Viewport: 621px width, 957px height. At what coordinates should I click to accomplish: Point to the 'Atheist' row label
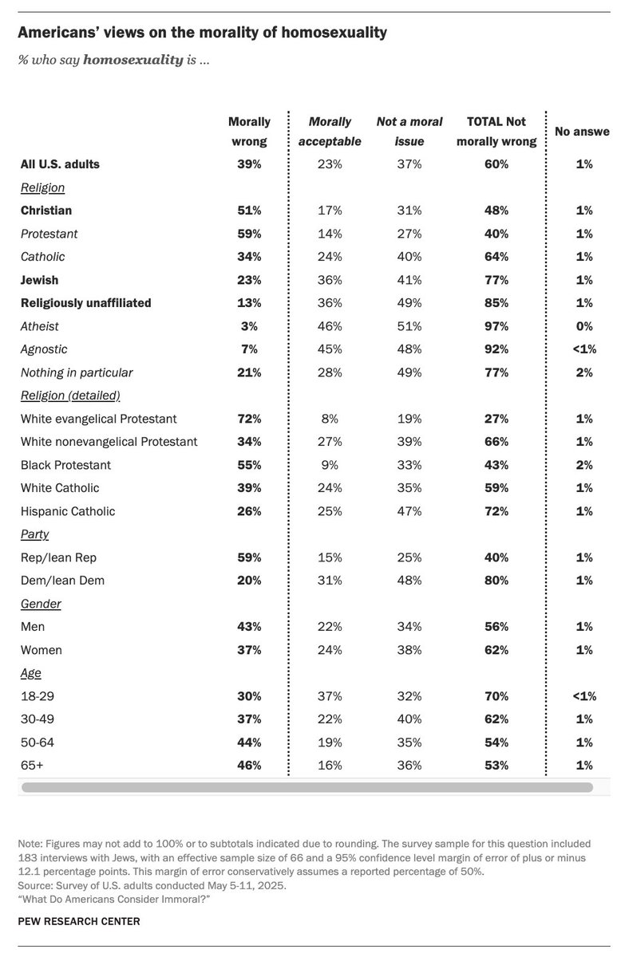pyautogui.click(x=40, y=325)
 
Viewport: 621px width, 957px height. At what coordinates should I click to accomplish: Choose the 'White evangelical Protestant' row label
pyautogui.click(x=99, y=419)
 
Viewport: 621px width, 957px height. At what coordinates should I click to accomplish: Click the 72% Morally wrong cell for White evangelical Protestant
pyautogui.click(x=249, y=419)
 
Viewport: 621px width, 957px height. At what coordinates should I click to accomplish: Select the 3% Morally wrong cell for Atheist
pyautogui.click(x=249, y=325)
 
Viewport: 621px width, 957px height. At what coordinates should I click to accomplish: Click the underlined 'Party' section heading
pyautogui.click(x=34, y=534)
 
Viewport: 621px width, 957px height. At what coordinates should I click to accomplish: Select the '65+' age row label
pyautogui.click(x=33, y=766)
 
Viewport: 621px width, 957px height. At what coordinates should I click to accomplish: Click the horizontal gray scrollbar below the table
pyautogui.click(x=307, y=787)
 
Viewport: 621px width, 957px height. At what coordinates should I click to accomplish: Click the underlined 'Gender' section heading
pyautogui.click(x=39, y=604)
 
